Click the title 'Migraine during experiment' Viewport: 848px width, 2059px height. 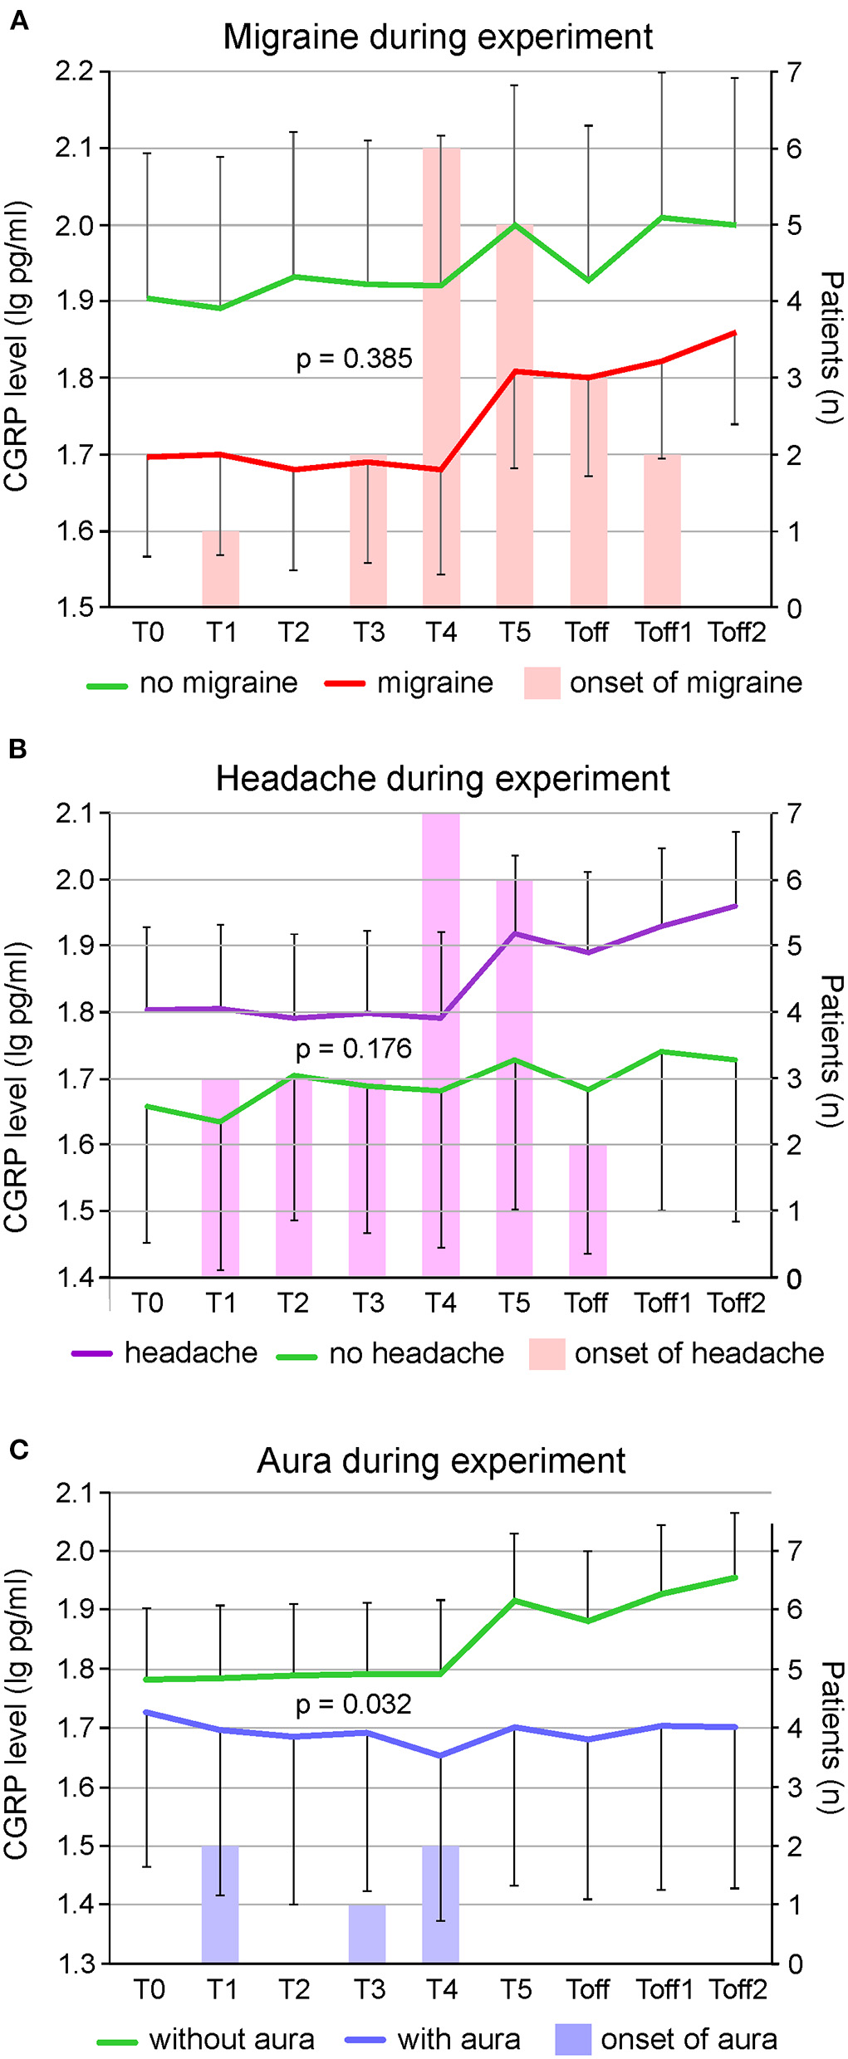(x=438, y=37)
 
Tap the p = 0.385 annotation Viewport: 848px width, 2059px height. (x=354, y=359)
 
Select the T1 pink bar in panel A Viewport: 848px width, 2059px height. (x=221, y=569)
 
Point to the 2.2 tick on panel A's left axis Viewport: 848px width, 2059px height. (x=75, y=72)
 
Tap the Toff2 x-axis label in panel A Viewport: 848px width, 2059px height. (x=737, y=633)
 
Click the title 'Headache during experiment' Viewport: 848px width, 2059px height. (x=443, y=779)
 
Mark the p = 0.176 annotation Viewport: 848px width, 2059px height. (x=354, y=1049)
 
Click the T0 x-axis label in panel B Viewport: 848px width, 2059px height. (x=147, y=1303)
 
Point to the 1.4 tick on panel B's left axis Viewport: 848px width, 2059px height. (x=75, y=1278)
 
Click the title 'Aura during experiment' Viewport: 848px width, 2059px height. (x=441, y=1461)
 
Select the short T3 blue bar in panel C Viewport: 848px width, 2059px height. (x=367, y=1934)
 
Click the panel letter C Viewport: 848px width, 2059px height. (x=18, y=1450)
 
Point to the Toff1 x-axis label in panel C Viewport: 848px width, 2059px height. (x=664, y=1990)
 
